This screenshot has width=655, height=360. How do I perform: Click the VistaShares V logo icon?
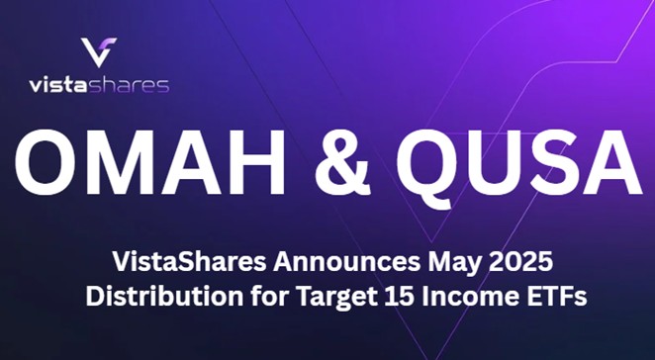[98, 52]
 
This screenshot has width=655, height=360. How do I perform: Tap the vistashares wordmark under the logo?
[98, 84]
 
